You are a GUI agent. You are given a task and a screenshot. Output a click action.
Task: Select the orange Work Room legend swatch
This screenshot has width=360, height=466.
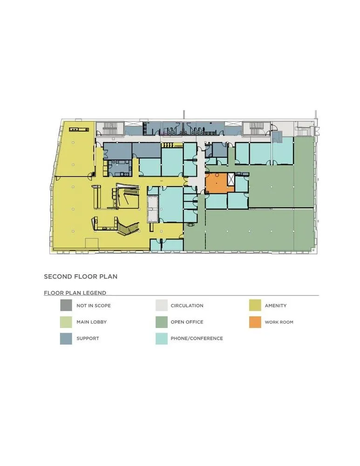click(x=255, y=322)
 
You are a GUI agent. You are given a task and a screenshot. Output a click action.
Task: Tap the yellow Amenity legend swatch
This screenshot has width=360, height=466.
click(x=255, y=306)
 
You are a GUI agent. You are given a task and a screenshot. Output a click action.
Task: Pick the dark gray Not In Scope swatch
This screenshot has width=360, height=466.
click(x=66, y=306)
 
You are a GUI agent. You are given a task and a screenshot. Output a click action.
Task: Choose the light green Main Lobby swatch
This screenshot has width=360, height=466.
click(x=66, y=322)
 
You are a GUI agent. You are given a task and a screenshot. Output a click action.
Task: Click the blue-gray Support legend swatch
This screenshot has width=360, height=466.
click(x=66, y=338)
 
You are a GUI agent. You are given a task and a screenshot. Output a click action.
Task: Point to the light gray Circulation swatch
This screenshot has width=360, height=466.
click(x=161, y=306)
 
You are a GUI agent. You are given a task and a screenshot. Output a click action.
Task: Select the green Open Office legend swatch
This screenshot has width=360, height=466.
click(x=161, y=322)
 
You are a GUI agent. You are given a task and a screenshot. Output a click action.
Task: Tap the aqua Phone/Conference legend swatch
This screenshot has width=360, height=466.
click(x=161, y=338)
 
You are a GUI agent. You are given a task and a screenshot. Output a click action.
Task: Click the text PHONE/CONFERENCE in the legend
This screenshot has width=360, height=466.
click(x=197, y=338)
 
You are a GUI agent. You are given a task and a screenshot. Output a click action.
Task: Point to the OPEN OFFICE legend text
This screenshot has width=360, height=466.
click(x=187, y=322)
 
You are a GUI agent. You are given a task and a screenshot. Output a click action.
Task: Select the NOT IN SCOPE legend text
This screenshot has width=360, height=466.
click(x=94, y=306)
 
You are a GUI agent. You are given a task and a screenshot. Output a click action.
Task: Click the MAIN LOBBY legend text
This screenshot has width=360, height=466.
click(x=92, y=322)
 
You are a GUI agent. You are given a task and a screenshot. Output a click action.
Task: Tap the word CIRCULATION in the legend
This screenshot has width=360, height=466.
click(x=187, y=306)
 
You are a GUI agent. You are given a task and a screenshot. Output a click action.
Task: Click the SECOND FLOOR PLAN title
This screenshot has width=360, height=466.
click(x=81, y=276)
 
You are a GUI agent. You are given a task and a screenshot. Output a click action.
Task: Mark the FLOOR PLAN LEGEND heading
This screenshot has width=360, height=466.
click(x=75, y=293)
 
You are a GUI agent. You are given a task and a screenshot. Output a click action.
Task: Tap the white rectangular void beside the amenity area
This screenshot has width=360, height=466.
click(x=153, y=209)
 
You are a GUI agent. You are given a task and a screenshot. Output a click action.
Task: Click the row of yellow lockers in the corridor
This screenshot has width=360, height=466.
click(x=169, y=145)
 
